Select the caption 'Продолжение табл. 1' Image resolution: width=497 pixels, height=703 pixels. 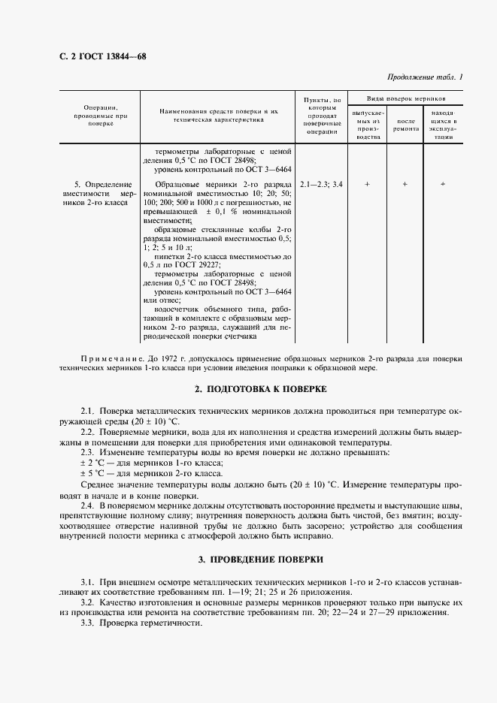(425, 77)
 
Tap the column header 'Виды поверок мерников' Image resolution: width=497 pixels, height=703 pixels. (405, 98)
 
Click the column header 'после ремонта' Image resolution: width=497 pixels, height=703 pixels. (406, 125)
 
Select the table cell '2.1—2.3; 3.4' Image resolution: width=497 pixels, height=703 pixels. (320, 184)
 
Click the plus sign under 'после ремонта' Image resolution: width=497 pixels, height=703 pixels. (405, 184)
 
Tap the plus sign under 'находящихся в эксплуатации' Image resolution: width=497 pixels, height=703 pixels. (443, 184)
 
